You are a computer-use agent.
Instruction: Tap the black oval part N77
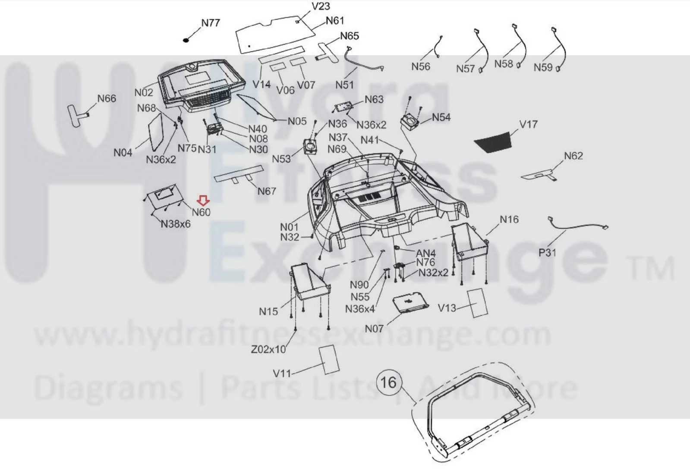click(x=186, y=40)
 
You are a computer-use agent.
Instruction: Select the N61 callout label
click(x=335, y=21)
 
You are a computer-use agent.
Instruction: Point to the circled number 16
click(x=388, y=383)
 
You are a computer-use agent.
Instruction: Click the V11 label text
click(x=282, y=374)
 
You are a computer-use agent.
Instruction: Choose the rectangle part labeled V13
click(x=477, y=303)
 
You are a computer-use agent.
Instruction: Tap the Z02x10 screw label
click(x=268, y=349)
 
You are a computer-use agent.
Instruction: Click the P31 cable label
click(x=547, y=253)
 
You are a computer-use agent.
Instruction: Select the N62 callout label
click(x=573, y=156)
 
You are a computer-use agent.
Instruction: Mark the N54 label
click(x=441, y=117)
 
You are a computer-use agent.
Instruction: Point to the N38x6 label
click(x=176, y=224)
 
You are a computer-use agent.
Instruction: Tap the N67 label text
click(x=266, y=191)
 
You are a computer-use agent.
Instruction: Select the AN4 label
click(x=426, y=253)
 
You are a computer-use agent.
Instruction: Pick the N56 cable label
click(x=421, y=66)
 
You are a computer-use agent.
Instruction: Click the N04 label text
click(x=123, y=152)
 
